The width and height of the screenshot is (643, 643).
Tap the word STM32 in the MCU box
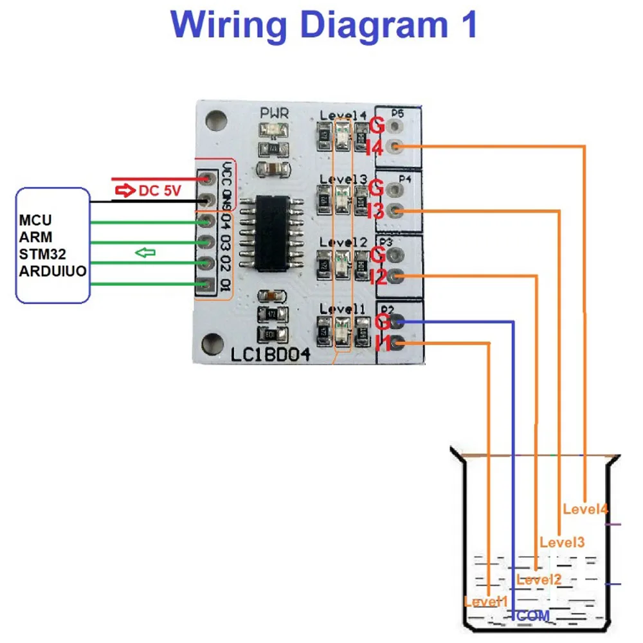coord(42,255)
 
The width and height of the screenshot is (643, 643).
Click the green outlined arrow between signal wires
coord(146,253)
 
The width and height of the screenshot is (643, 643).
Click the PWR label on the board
coord(274,113)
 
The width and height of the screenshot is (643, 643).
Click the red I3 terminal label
coord(375,211)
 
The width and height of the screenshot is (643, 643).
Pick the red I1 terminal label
coord(382,343)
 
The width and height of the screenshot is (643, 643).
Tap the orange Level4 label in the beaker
coord(585,509)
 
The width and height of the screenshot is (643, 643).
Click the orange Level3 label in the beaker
coord(562,542)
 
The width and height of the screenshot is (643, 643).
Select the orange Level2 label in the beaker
coord(539,579)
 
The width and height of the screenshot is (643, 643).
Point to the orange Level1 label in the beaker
coord(486,602)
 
